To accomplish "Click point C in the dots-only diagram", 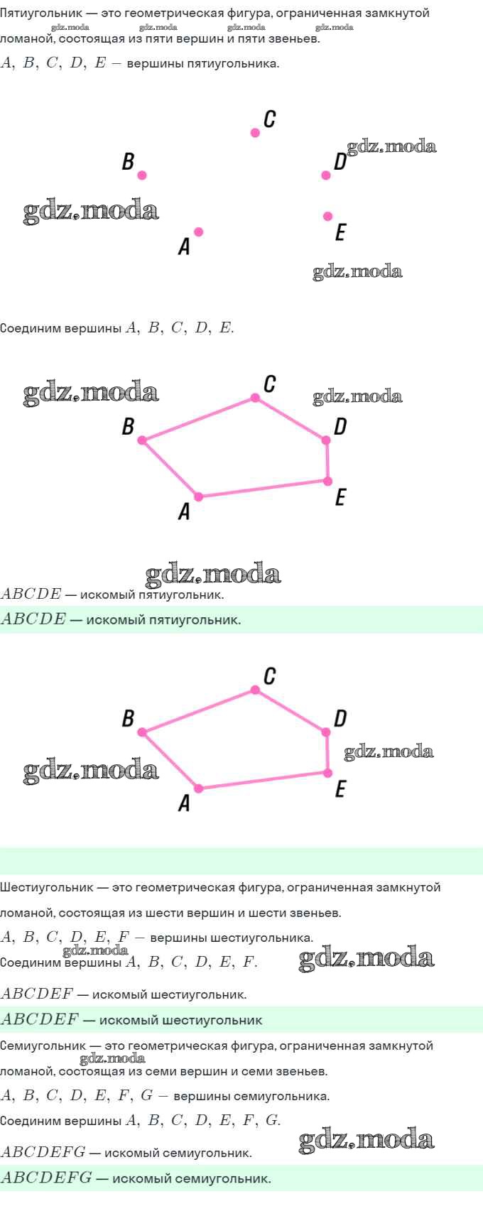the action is tap(255, 132).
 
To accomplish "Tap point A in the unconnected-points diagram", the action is tap(199, 232).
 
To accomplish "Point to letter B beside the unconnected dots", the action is tap(128, 161).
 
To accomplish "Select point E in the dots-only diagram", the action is tap(327, 216).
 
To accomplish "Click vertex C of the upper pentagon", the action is tap(255, 398).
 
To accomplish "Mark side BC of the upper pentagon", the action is tap(199, 419).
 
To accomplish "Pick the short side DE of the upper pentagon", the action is tap(327, 460).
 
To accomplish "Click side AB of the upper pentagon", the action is tap(170, 469).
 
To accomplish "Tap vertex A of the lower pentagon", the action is tap(199, 788).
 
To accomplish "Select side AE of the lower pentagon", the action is tap(264, 781).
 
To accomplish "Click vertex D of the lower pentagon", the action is tap(326, 732).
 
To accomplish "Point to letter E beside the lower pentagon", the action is tap(340, 789).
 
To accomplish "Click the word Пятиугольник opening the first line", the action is tap(40, 13).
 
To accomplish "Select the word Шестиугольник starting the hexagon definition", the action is tap(47, 888).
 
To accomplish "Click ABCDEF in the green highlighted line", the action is tap(40, 1019).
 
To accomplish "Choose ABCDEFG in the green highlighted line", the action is tap(46, 1177).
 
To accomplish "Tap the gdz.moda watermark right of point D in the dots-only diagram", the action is tap(391, 147).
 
